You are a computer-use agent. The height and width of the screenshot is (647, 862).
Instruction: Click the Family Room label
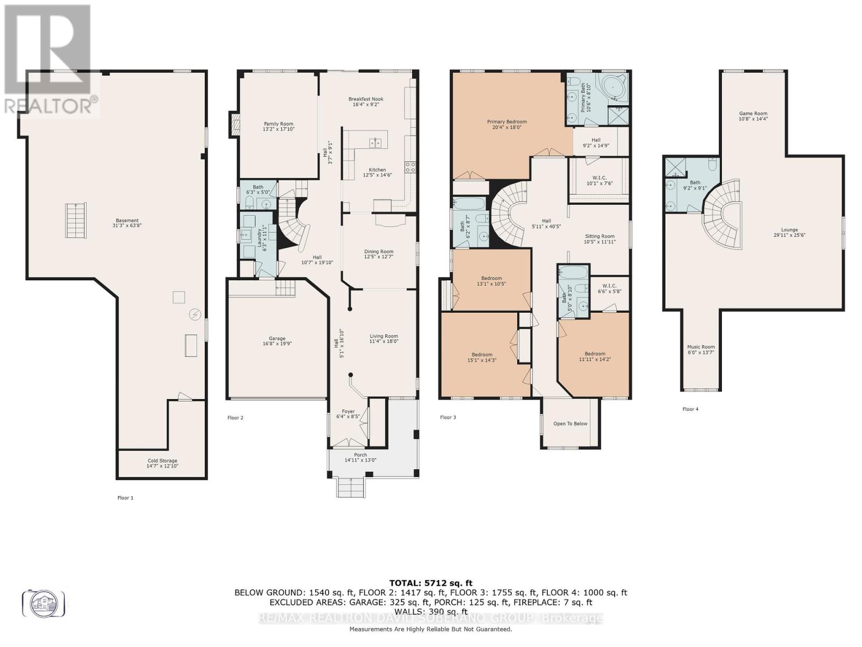[x=279, y=127]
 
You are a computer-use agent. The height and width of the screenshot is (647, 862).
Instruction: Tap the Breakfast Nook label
[x=366, y=101]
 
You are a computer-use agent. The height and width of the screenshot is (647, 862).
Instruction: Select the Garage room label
[x=277, y=341]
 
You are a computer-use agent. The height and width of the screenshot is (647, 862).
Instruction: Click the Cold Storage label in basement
[x=162, y=463]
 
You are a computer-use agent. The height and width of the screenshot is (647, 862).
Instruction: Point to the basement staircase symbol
[x=75, y=220]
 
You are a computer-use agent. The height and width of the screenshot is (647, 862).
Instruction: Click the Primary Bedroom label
[x=507, y=125]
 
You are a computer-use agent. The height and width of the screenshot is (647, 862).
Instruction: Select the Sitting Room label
[x=600, y=239]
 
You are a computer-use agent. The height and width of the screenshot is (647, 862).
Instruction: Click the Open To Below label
[x=570, y=424]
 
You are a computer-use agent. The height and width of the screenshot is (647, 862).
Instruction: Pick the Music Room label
[x=701, y=349]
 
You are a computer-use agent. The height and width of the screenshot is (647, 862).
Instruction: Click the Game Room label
[x=753, y=116]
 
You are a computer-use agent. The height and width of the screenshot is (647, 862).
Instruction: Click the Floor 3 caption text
[x=448, y=417]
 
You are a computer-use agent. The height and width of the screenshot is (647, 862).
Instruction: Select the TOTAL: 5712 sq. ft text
[x=430, y=583]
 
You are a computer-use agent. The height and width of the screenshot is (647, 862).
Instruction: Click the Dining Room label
[x=379, y=254]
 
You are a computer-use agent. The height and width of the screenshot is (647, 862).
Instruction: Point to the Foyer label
[x=348, y=414]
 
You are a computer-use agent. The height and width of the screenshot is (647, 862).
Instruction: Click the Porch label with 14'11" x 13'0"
[x=360, y=458]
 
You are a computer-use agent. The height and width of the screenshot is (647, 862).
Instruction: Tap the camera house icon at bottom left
[x=43, y=603]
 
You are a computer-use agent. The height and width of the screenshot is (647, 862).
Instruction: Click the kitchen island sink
[x=376, y=143]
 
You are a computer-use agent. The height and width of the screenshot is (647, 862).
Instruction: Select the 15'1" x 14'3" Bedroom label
[x=482, y=357]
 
